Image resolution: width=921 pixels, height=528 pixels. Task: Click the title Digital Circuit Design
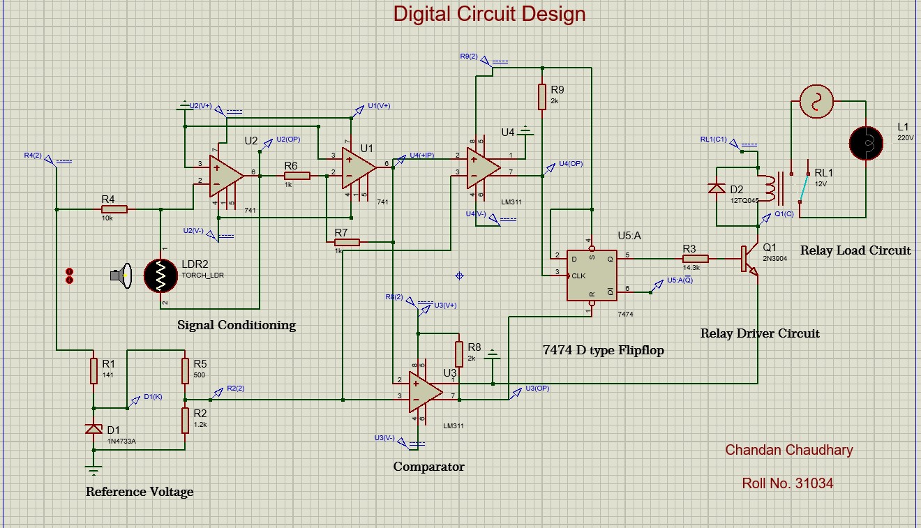coord(489,14)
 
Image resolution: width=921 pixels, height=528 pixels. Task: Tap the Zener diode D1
coord(93,429)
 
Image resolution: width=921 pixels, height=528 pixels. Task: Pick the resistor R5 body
coord(185,370)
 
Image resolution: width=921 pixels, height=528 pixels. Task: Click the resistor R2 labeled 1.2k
coord(185,420)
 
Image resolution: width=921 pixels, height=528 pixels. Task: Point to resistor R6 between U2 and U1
coord(297,176)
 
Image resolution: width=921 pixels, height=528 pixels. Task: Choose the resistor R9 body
coord(541,97)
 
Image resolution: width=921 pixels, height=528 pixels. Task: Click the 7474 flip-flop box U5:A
coord(591,276)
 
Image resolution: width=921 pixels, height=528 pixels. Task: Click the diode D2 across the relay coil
coord(717,188)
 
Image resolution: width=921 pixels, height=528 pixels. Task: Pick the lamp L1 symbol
coord(866,143)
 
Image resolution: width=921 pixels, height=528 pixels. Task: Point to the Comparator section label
coord(428,467)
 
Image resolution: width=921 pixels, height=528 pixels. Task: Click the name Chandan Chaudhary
coord(788,450)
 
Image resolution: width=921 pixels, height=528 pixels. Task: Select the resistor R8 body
coord(458,354)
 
